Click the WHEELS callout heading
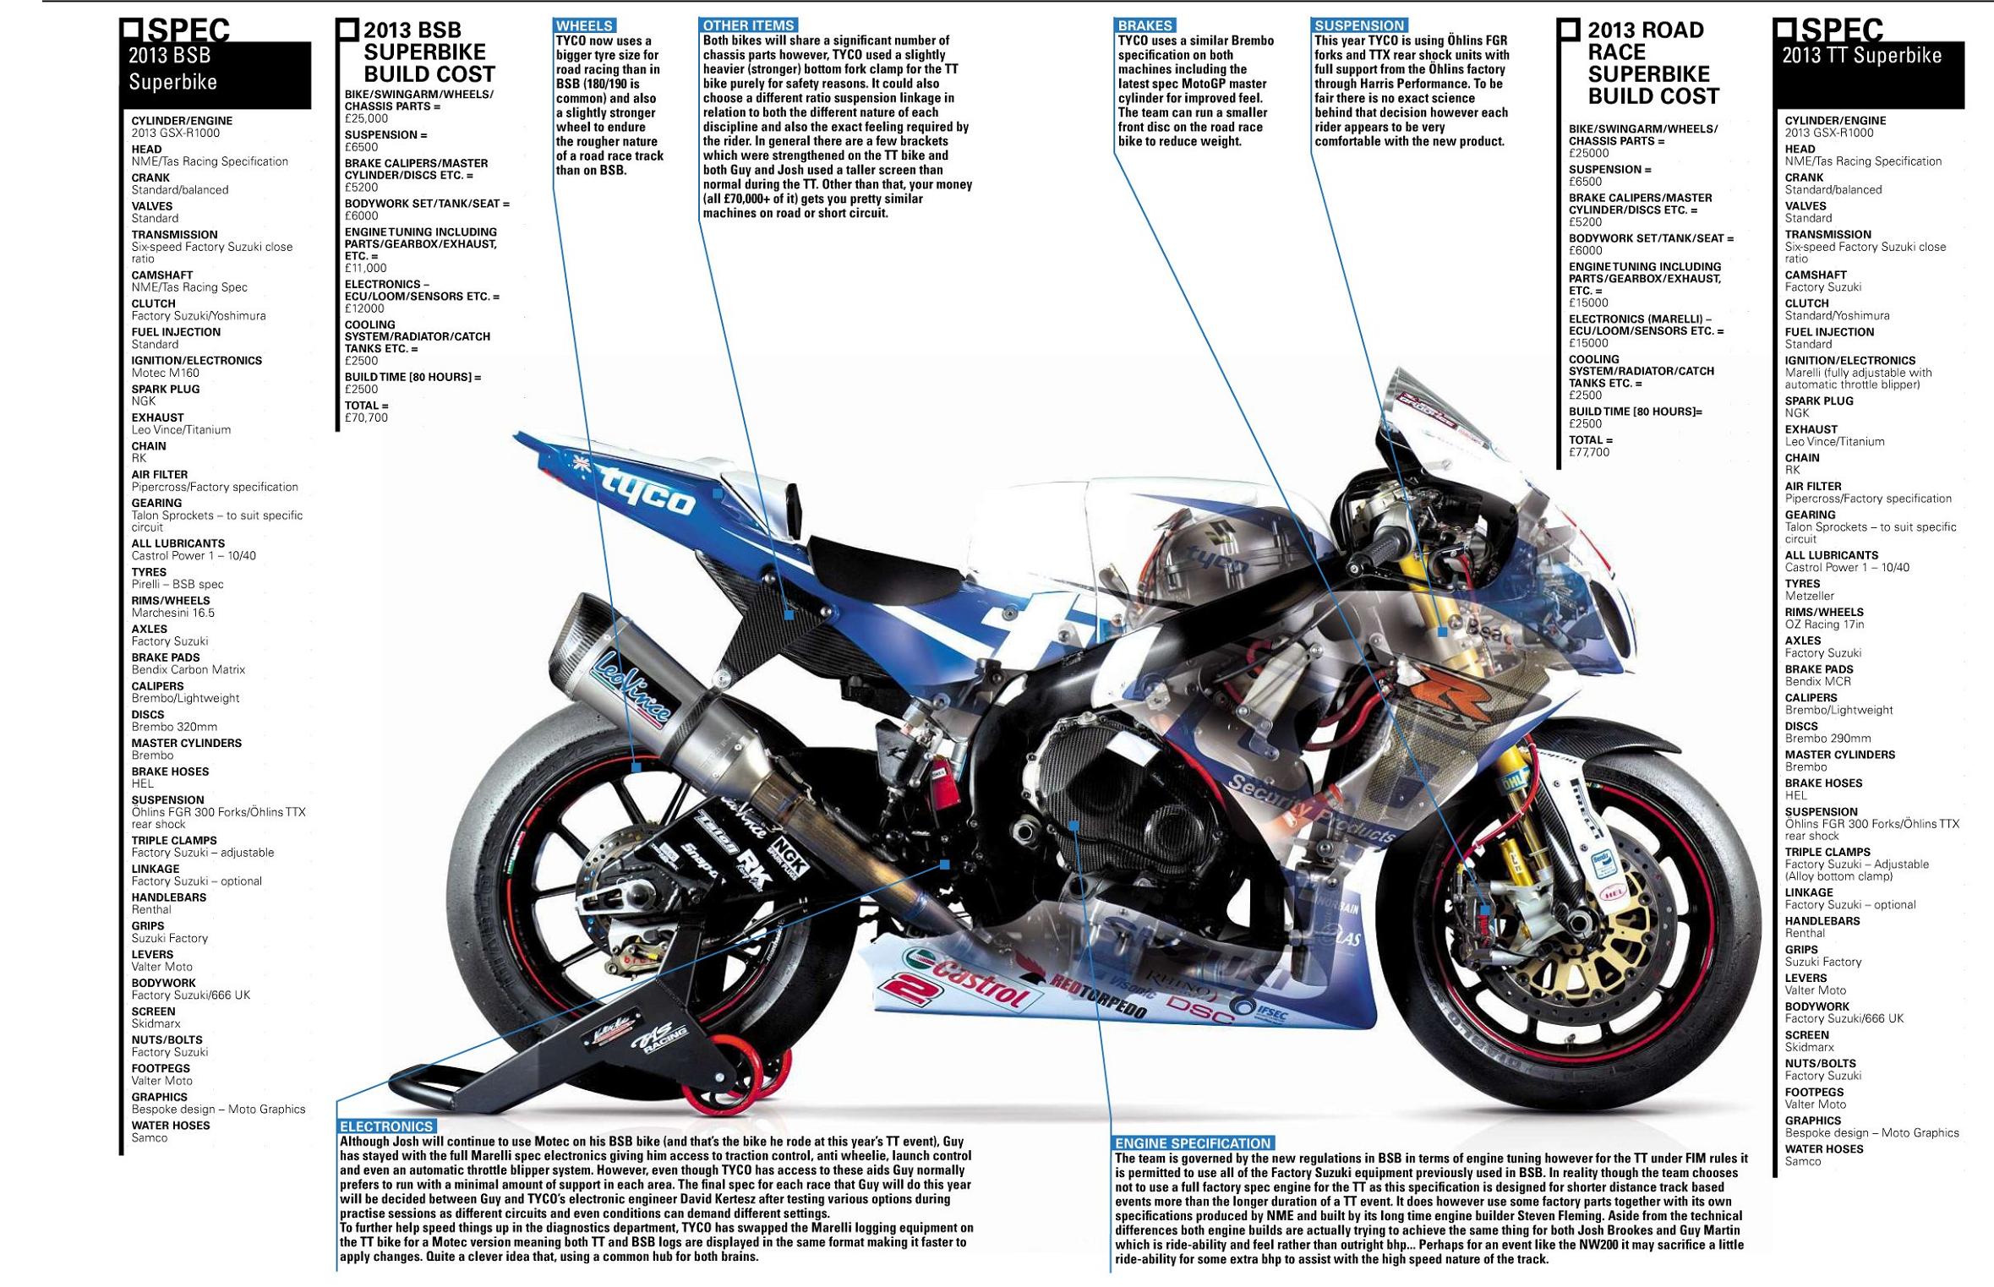(x=584, y=26)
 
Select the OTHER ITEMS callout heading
(x=749, y=26)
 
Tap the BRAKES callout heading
(x=1145, y=26)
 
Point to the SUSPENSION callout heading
(x=1359, y=26)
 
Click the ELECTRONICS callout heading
(x=387, y=1126)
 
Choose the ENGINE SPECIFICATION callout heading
(x=1193, y=1143)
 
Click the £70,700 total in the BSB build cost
(x=366, y=417)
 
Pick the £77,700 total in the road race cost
(x=1589, y=452)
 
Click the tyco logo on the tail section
(x=647, y=491)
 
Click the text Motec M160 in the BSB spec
(x=166, y=373)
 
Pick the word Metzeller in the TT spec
(x=1810, y=596)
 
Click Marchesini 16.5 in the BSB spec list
(x=173, y=613)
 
